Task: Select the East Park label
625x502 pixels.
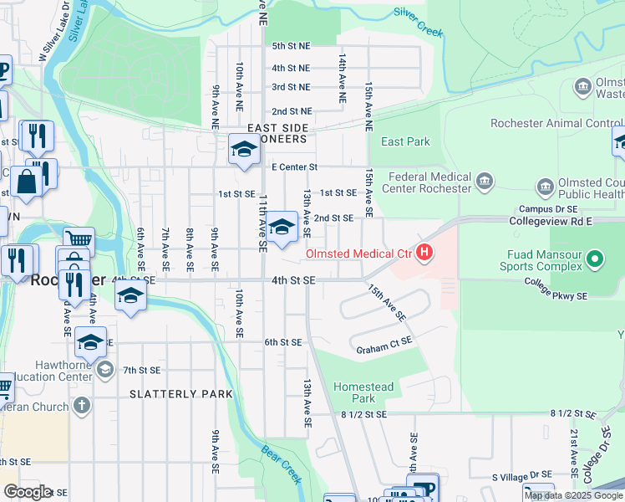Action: point(405,141)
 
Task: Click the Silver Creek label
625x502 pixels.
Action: point(418,23)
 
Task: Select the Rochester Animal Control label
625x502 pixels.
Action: point(551,123)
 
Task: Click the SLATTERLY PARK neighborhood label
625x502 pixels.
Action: point(175,393)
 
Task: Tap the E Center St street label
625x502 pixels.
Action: point(292,167)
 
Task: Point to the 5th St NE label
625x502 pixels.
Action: point(291,46)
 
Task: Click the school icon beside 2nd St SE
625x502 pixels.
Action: point(282,227)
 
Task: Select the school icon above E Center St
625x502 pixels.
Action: point(244,150)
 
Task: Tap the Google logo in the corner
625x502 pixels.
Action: point(27,492)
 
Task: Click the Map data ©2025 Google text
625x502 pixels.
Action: point(572,495)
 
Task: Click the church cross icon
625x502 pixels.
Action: point(81,406)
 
